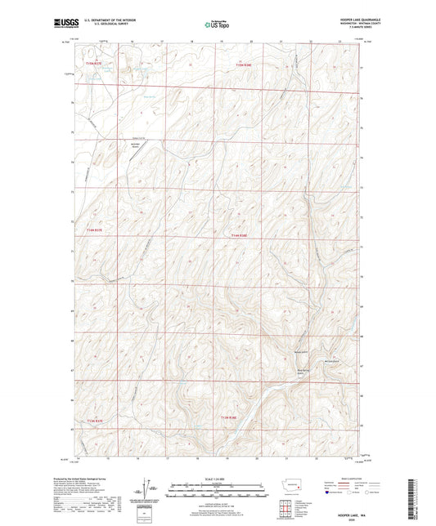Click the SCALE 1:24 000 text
tap(217, 479)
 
